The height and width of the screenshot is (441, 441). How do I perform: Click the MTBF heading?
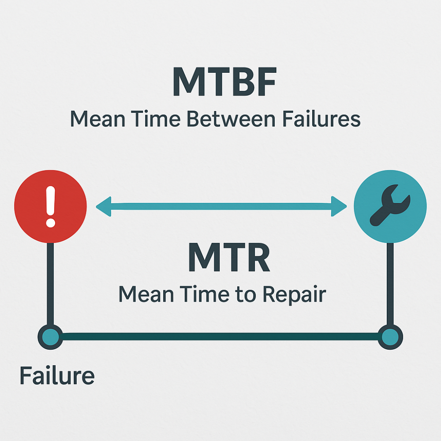pos(224,82)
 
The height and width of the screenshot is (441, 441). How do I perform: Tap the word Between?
pos(231,119)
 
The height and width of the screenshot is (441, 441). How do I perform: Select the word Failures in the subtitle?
pos(321,119)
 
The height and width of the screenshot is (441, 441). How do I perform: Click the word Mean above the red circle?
pos(97,119)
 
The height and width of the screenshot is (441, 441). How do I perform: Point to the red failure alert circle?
pos(50,206)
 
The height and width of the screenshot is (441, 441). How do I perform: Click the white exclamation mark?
pos(51,206)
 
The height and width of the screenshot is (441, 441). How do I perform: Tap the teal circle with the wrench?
pos(390,206)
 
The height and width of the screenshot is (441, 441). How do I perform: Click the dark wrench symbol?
pos(390,206)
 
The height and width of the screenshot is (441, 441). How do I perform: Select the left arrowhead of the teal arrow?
pos(104,206)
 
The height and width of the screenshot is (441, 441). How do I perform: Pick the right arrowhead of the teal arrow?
pos(339,206)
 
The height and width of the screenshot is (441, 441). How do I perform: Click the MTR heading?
pos(229,257)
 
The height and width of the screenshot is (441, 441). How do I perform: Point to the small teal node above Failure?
pos(50,337)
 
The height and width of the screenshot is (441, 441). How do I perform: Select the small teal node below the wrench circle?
pos(390,337)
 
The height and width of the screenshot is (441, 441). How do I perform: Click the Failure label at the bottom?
pos(57,375)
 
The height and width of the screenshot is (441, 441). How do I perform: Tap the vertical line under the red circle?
pos(50,284)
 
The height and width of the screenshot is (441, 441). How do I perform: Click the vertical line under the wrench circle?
pos(390,284)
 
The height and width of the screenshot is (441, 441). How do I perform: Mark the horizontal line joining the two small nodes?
pos(220,336)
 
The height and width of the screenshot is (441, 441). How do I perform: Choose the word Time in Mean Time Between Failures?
pos(156,119)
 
